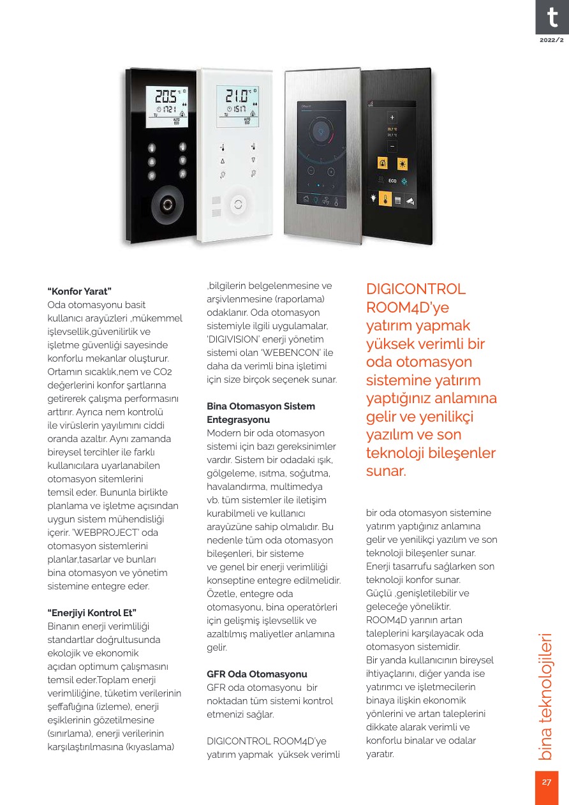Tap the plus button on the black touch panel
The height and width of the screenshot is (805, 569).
pos(392,117)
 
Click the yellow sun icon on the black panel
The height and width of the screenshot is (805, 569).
pos(403,163)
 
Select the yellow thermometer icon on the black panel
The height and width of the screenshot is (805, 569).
pos(385,200)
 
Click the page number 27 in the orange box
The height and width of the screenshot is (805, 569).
pos(546,782)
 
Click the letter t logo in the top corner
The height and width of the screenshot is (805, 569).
pos(551,18)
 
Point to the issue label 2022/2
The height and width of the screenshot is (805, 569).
pos(552,40)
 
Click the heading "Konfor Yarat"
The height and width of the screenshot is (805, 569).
pos(80,292)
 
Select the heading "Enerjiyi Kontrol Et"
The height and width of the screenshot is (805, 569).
pos(92,613)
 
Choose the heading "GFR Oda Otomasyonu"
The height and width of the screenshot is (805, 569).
pos(257,674)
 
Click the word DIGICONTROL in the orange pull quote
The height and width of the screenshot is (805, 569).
pos(416,290)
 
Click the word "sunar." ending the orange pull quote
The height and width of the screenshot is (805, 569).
pos(385,473)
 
